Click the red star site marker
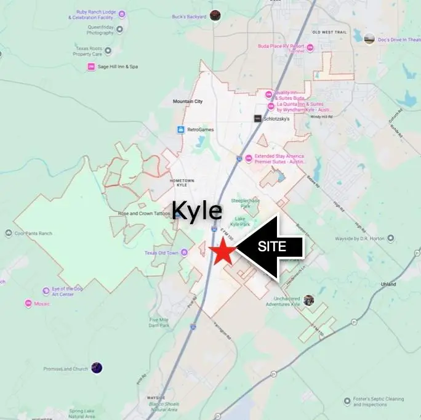click(222, 252)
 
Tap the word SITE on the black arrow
click(273, 248)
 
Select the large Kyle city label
click(197, 211)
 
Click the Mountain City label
click(188, 102)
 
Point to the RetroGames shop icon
click(181, 130)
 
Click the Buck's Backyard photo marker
click(215, 16)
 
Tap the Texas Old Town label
click(161, 253)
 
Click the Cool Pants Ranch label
click(33, 233)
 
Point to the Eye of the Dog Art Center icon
click(46, 291)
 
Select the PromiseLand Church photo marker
click(97, 368)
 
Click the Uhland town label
click(388, 284)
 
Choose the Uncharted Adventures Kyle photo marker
click(309, 300)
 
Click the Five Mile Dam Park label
click(159, 323)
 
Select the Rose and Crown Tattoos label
click(144, 214)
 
